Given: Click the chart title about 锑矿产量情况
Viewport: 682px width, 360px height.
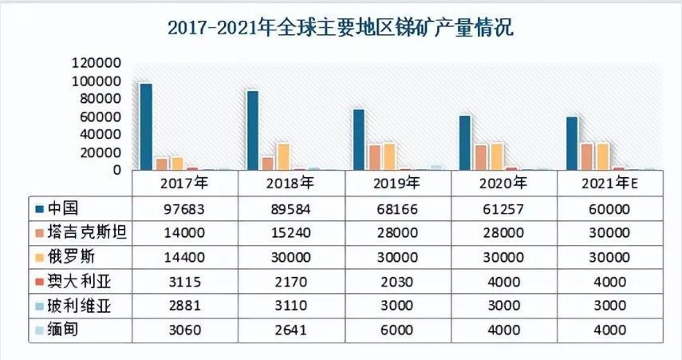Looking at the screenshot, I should tap(341, 28).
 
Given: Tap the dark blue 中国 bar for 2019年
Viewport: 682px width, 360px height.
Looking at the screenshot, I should tap(359, 139).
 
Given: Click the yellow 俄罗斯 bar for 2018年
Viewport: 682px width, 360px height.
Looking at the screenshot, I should tap(282, 156).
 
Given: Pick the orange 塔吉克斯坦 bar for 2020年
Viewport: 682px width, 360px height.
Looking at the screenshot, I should tap(480, 157).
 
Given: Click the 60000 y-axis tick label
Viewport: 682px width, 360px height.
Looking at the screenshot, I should tap(99, 117).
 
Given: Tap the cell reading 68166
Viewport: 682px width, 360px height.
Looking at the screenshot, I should tap(398, 209).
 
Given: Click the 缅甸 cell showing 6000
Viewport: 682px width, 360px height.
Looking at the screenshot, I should tap(398, 330).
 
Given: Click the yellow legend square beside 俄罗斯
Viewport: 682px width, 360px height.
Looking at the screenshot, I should tap(38, 258).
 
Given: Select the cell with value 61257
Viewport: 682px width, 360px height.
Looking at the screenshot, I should tap(504, 209).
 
